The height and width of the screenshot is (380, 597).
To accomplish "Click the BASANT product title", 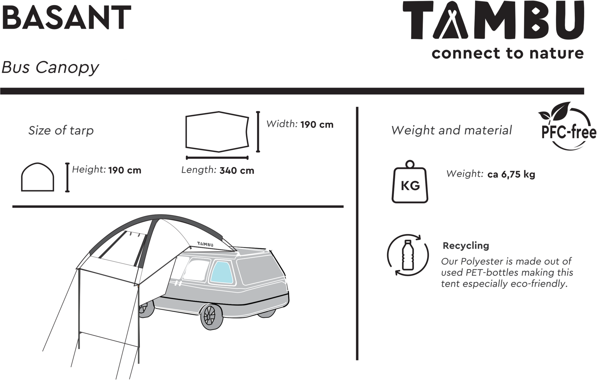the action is pos(66,17).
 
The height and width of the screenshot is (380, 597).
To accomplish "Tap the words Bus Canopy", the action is pos(50,68).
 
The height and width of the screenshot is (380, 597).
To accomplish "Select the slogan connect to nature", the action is pos(508,53).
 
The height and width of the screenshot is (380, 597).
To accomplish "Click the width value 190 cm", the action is pos(317,125).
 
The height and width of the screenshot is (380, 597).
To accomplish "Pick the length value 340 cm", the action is pos(237,171).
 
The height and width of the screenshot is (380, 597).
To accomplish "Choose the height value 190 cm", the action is pos(125,170).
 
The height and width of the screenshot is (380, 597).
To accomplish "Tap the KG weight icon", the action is pos(410,182).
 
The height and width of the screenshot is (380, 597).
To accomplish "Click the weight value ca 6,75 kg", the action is pos(511,175).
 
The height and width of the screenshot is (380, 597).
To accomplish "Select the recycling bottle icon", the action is pos(408,255).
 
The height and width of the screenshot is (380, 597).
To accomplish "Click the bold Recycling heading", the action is pos(466,246).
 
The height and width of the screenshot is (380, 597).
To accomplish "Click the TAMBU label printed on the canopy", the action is pos(205,244).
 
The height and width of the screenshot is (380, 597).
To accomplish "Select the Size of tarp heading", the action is pos(61,131).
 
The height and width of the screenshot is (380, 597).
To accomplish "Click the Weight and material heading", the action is pos(452,131).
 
